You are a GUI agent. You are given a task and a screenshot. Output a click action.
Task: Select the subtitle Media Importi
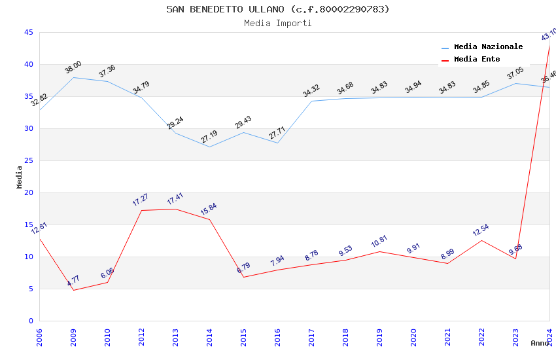tap(277, 24)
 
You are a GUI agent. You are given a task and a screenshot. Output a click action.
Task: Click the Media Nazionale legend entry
tap(488, 47)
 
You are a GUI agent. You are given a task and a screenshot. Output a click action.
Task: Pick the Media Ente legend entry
tap(477, 60)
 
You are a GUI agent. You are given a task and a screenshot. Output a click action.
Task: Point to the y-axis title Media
tap(20, 177)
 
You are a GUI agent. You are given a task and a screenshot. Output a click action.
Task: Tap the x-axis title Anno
tap(540, 343)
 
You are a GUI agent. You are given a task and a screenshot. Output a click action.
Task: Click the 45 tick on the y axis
tap(28, 33)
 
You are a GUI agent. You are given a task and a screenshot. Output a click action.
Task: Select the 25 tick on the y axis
tap(28, 161)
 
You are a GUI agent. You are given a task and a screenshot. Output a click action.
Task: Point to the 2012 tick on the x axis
tap(142, 338)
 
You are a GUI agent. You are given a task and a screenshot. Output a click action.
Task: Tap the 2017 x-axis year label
tap(312, 338)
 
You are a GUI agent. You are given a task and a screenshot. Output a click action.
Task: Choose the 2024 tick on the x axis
tap(549, 338)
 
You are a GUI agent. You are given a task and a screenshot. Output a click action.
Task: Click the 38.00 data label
tap(73, 67)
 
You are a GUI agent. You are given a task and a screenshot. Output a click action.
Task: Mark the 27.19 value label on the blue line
tap(209, 137)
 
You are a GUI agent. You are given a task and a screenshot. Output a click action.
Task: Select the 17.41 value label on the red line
tap(175, 199)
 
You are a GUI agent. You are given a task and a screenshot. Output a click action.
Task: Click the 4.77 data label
tap(73, 281)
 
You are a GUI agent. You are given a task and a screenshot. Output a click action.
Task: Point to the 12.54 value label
tap(481, 230)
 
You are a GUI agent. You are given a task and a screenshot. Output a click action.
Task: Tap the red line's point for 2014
tap(209, 219)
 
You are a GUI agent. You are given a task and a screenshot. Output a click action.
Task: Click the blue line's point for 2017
tap(311, 101)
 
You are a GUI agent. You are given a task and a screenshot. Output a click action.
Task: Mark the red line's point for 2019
tap(379, 251)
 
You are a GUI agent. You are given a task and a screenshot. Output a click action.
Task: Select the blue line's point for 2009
tap(73, 77)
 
